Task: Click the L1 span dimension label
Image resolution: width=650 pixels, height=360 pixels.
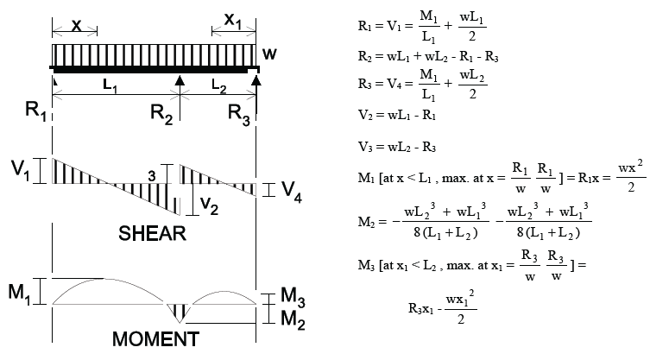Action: (109, 88)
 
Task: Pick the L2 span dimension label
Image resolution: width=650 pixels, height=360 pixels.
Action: (218, 88)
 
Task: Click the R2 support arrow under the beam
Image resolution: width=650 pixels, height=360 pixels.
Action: (180, 83)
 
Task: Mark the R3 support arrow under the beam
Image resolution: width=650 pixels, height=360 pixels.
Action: (256, 83)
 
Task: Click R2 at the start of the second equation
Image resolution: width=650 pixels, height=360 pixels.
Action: (364, 57)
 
